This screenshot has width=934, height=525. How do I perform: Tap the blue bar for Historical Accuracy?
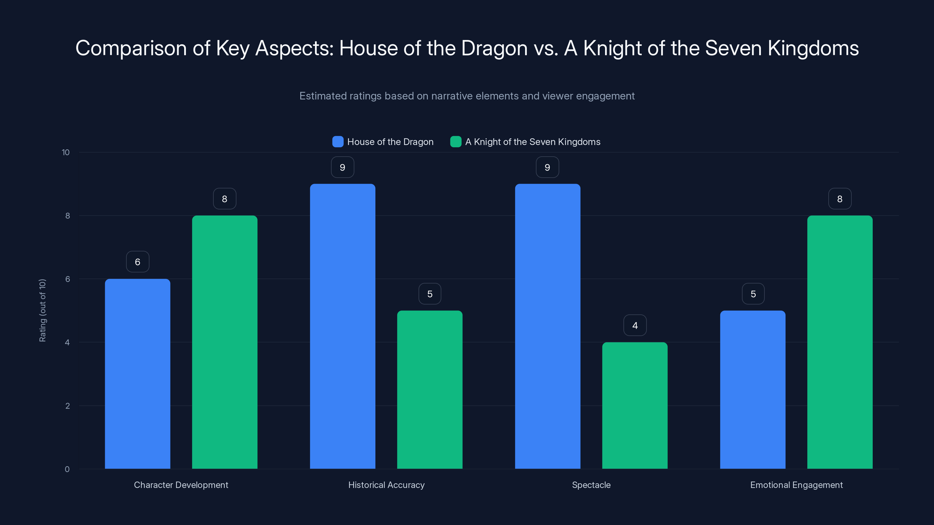point(342,326)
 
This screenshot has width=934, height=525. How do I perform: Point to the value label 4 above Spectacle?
point(635,325)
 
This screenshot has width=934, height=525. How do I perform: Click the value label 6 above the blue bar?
point(137,262)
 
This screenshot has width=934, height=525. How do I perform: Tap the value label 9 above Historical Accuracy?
point(342,167)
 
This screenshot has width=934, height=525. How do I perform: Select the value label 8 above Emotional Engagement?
point(839,199)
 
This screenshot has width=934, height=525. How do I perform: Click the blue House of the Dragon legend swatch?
point(338,142)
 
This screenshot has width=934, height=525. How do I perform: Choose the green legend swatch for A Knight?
point(455,142)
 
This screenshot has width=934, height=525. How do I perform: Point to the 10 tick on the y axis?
point(66,152)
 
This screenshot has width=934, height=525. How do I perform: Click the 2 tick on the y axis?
point(67,406)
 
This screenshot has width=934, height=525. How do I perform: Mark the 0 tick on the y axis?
point(67,469)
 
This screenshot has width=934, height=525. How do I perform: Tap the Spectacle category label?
point(591,485)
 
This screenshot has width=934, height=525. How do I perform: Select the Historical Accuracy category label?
point(386,485)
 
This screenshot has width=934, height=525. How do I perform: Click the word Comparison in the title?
point(130,48)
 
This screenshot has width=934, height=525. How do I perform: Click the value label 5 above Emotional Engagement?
point(753,293)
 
